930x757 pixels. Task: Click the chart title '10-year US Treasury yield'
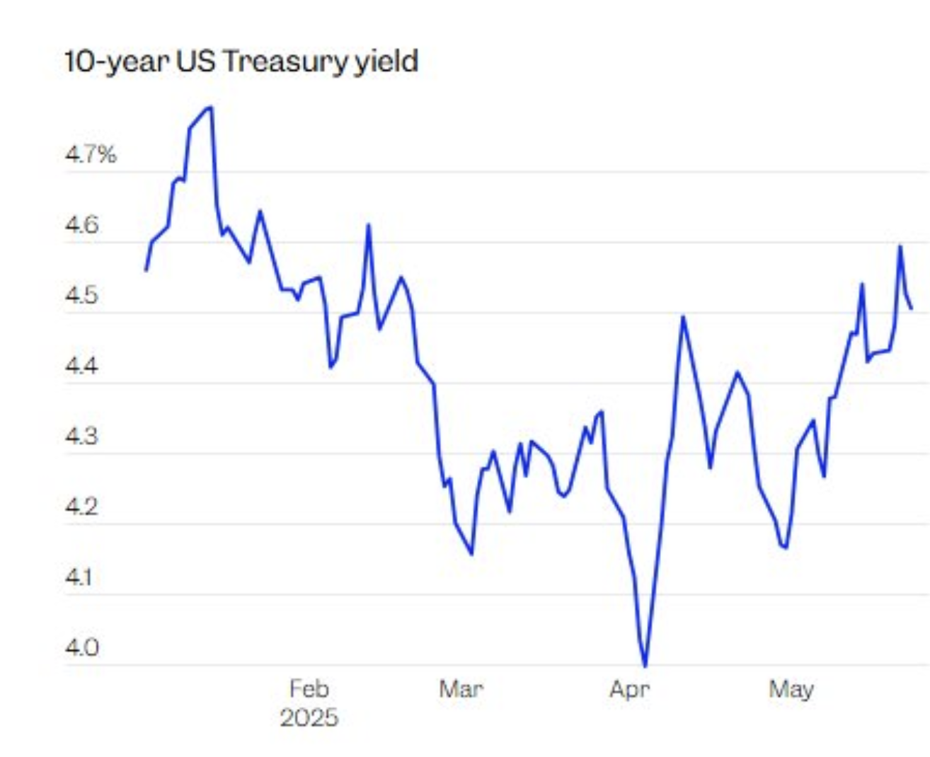[x=241, y=62]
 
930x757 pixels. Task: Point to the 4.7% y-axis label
[x=91, y=154]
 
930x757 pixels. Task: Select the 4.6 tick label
[x=82, y=226]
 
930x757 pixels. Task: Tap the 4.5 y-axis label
[x=82, y=296]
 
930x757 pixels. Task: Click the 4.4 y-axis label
[x=82, y=366]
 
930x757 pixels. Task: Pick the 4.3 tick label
[x=82, y=436]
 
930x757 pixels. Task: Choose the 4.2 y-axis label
[x=82, y=507]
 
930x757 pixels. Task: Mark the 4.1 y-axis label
[x=79, y=577]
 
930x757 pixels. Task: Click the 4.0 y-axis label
[x=82, y=647]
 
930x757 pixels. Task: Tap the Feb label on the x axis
[x=309, y=688]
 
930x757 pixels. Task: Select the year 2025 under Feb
[x=309, y=718]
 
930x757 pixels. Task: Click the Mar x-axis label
[x=461, y=688]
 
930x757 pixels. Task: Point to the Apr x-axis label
[x=629, y=688]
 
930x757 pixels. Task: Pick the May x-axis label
[x=791, y=688]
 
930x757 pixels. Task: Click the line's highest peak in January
[x=210, y=108]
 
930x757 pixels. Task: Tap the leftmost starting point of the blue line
[x=146, y=270]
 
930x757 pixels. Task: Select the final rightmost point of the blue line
[x=911, y=308]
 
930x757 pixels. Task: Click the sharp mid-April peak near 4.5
[x=683, y=316]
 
